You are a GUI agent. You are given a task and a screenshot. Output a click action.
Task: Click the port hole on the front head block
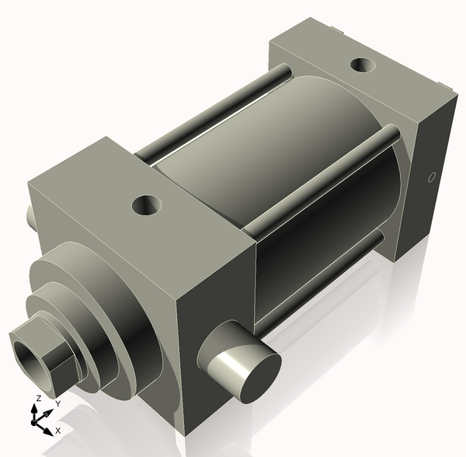click(146, 206)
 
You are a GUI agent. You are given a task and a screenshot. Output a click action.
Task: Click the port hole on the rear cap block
click(362, 65)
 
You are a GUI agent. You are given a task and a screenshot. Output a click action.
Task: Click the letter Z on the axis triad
click(37, 399)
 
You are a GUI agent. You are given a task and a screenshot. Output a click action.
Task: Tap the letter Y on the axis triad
click(57, 404)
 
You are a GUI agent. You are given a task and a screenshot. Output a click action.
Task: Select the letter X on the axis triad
click(57, 430)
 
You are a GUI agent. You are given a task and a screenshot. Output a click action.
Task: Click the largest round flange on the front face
click(116, 311)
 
